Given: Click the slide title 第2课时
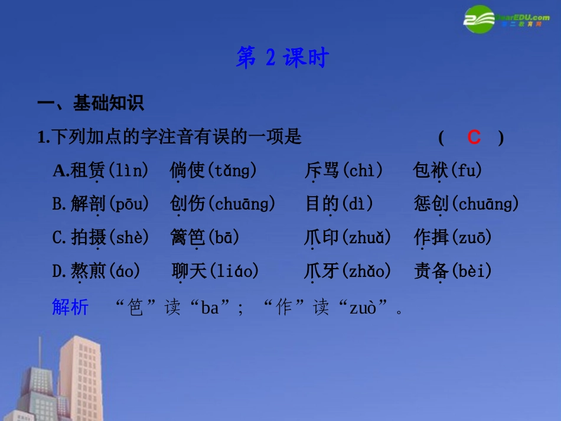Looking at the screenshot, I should [282, 58].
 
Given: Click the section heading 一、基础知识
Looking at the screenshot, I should [90, 103].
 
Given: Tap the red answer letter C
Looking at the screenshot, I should [474, 138].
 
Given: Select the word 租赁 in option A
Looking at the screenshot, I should [87, 171].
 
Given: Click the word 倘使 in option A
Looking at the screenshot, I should [187, 171].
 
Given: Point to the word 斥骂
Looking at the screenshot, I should [322, 171].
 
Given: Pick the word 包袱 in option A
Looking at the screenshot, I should [430, 171].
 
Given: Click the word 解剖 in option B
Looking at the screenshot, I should [87, 204].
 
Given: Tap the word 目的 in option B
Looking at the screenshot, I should [322, 204].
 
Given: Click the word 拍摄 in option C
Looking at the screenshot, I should [88, 237].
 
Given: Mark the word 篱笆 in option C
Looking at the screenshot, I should [188, 237].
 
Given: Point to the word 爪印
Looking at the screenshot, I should [322, 237].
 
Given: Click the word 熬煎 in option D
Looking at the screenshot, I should [88, 271].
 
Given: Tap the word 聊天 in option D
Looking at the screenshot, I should [190, 271].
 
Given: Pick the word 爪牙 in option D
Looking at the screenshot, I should [322, 271].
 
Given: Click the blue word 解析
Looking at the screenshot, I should [70, 307].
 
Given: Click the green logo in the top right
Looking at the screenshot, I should [480, 19].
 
